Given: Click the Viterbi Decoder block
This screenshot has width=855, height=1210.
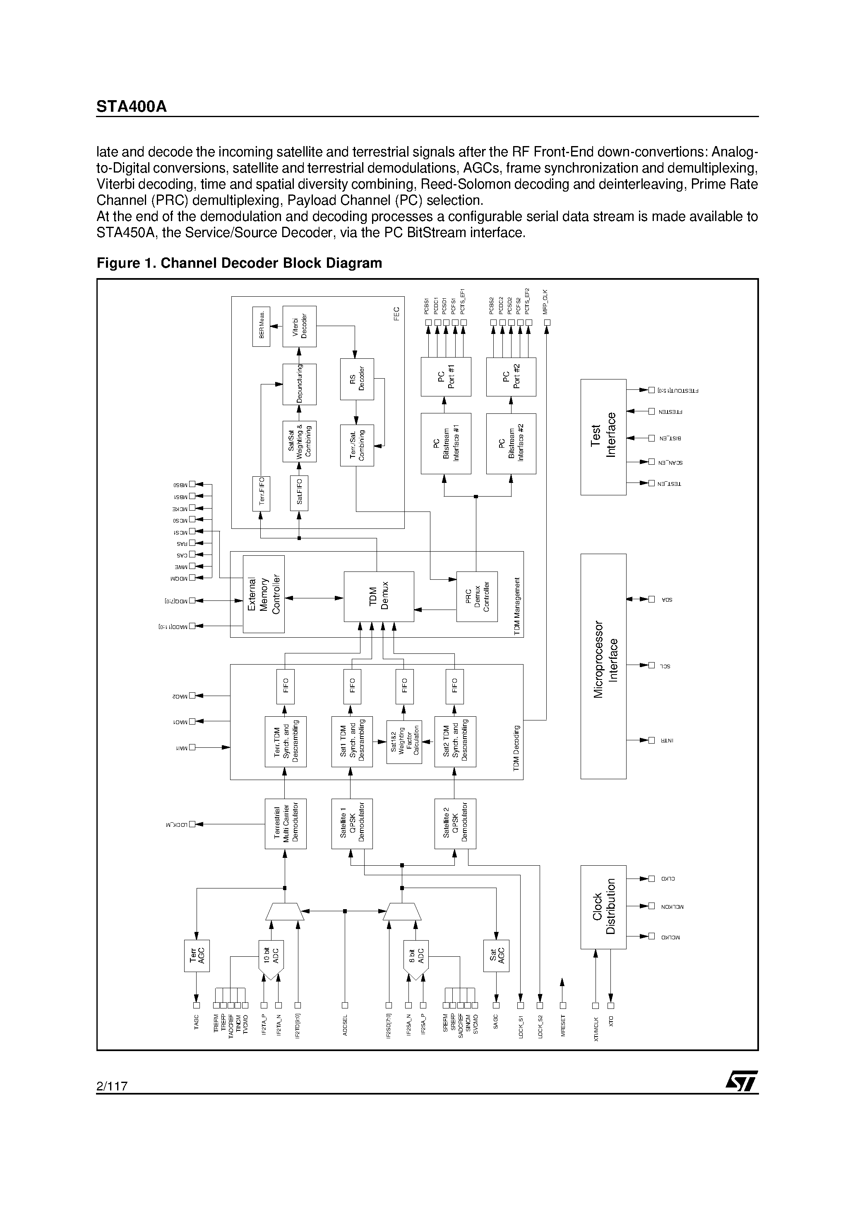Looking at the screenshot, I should click(x=299, y=326).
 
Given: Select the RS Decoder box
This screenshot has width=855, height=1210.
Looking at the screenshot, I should click(x=357, y=379).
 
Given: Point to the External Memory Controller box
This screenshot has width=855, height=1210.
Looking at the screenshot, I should click(x=264, y=594).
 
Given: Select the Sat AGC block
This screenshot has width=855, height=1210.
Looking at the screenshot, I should click(x=496, y=956).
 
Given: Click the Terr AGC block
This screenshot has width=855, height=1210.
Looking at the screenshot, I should click(x=197, y=956).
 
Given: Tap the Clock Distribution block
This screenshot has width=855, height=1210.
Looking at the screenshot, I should click(x=603, y=906).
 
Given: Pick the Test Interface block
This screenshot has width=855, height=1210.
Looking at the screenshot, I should click(x=603, y=437).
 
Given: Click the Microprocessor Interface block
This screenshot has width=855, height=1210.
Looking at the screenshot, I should click(x=603, y=666).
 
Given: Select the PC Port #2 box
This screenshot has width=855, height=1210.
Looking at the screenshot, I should click(x=511, y=377).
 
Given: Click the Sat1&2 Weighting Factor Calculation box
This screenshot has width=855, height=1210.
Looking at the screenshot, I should click(x=404, y=742).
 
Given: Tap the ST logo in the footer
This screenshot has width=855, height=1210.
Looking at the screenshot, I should click(x=741, y=1083).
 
